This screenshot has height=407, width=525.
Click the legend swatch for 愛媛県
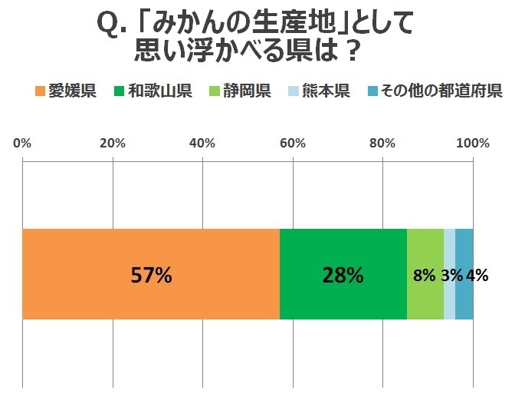point(40,93)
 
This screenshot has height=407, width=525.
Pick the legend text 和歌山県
point(159,93)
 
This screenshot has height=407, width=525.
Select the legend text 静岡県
point(248,93)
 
